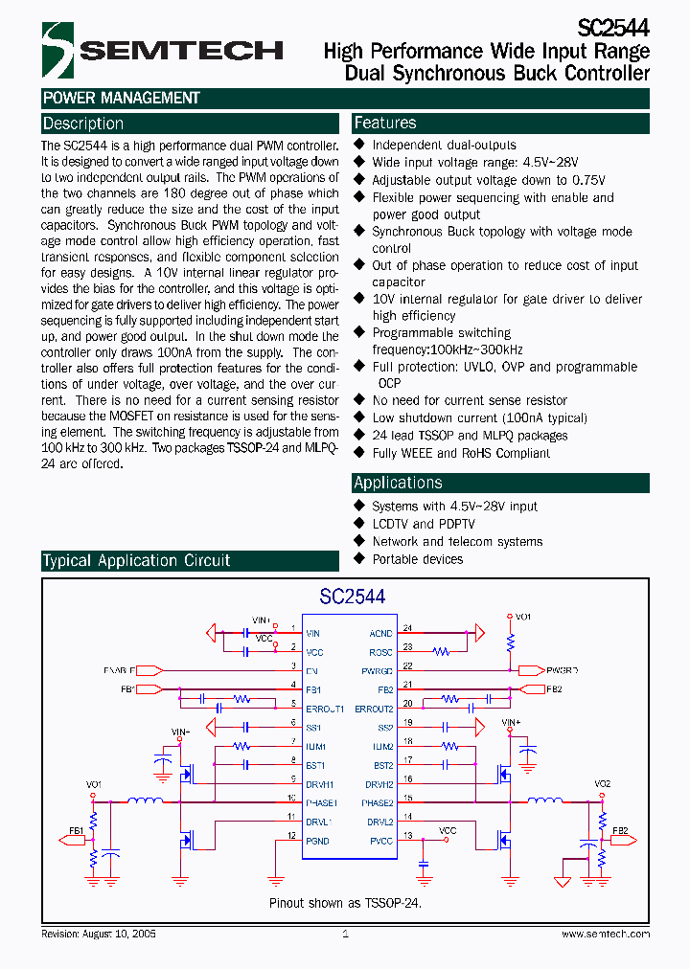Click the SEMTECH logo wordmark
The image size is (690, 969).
coord(182,50)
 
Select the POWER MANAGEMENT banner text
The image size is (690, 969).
coord(121,98)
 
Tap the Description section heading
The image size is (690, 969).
coord(83,124)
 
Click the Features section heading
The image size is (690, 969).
coord(385,123)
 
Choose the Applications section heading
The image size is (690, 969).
coord(398,483)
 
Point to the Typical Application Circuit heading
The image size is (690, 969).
coord(136,561)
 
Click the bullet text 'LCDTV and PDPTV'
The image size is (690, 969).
coord(424,524)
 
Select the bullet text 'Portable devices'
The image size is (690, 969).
coord(418,558)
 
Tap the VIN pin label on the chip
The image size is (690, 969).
coord(313,633)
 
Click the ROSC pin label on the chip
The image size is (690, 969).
coord(380,652)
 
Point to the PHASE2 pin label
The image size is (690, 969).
coord(377,802)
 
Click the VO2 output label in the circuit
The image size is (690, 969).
coord(602,783)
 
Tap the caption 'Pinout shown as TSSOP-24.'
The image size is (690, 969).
coord(345,902)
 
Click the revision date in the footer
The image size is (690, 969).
coord(99,934)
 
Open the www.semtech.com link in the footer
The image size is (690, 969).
coord(606,934)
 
